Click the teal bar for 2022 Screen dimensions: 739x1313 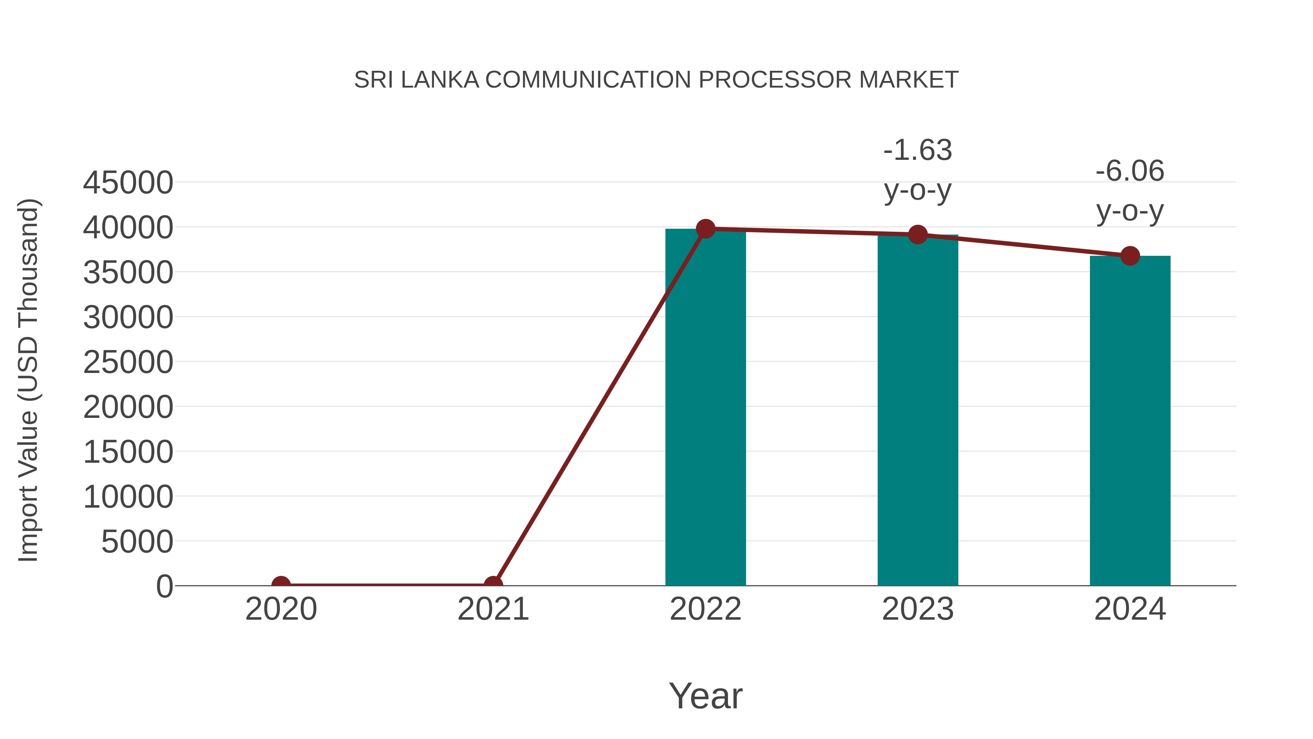click(705, 408)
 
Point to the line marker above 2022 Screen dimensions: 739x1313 click(705, 229)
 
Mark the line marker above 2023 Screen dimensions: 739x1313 click(918, 235)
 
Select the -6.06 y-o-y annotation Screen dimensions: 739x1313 click(1130, 191)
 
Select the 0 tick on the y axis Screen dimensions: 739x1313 click(164, 586)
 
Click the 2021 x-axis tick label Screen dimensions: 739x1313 click(493, 609)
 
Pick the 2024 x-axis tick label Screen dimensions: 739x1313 click(1130, 609)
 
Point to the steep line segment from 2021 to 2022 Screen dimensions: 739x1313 click(599, 407)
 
